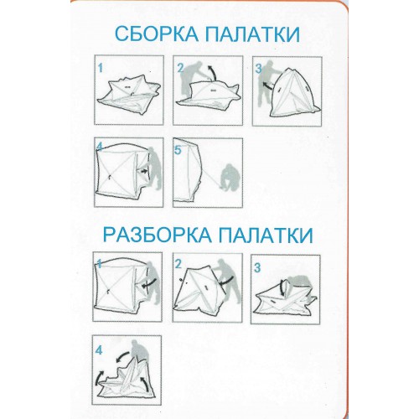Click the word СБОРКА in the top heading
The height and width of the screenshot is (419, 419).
click(x=157, y=34)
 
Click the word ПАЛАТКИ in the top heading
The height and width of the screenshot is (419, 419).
click(x=253, y=34)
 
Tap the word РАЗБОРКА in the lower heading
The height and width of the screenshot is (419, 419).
click(x=157, y=235)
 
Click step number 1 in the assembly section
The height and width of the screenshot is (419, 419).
click(x=101, y=69)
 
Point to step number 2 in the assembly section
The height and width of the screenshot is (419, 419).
click(x=180, y=68)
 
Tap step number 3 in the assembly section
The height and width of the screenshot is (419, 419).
click(x=259, y=69)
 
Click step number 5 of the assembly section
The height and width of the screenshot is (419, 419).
click(x=178, y=150)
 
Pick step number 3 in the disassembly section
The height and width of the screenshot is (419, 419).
click(x=257, y=268)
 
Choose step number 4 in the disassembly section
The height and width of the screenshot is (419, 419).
click(x=99, y=350)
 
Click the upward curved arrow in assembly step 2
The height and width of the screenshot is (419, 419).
click(x=214, y=73)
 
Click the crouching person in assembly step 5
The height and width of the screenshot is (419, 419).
click(x=230, y=177)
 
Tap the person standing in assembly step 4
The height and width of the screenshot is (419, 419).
click(x=154, y=168)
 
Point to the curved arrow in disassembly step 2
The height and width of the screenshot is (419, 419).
click(x=228, y=281)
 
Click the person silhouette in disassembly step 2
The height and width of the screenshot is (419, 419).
click(x=229, y=283)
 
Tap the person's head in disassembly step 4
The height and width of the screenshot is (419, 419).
click(x=137, y=344)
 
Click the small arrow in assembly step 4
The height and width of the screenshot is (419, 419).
click(x=143, y=172)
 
